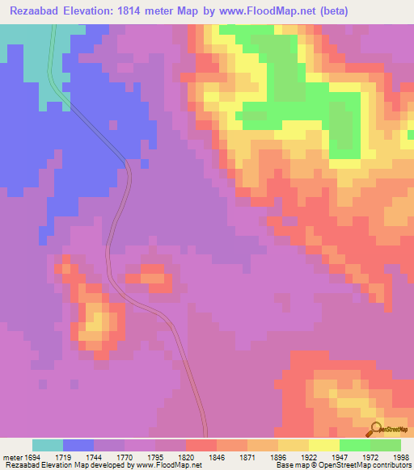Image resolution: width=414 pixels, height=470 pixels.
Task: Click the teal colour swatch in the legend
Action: pyautogui.click(x=48, y=445)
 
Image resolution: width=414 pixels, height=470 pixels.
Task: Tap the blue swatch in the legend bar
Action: pyautogui.click(x=78, y=445)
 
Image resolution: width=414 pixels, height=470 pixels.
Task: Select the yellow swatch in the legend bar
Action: pyautogui.click(x=324, y=445)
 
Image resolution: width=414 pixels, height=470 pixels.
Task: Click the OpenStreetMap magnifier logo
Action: pyautogui.click(x=374, y=429)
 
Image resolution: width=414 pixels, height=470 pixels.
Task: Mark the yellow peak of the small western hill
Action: pyautogui.click(x=95, y=323)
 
